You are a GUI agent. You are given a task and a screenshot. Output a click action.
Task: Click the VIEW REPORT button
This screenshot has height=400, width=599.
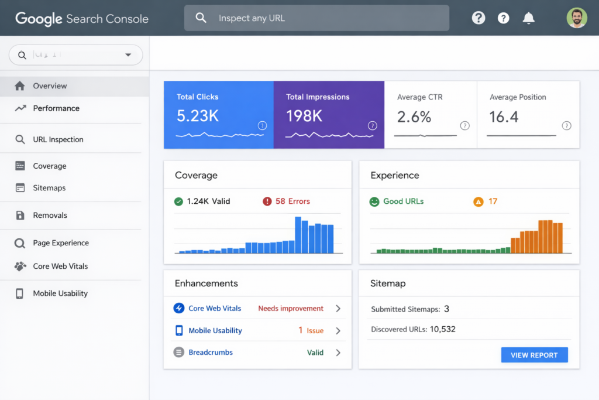click(x=534, y=355)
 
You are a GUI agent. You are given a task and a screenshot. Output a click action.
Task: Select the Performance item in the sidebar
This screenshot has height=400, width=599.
click(x=56, y=108)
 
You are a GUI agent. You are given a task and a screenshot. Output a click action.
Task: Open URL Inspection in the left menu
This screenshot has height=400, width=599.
click(x=58, y=139)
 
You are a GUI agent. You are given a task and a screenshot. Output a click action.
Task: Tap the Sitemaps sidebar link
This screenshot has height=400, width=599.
click(x=49, y=188)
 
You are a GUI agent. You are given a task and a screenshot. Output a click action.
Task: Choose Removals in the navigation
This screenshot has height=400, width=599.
click(x=50, y=216)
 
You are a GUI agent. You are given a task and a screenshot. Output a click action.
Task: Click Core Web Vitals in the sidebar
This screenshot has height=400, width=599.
click(x=60, y=266)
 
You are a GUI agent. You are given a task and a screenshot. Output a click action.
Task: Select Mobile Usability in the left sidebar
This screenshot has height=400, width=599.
click(x=60, y=293)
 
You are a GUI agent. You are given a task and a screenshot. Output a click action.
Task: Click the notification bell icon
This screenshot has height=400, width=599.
click(x=528, y=18)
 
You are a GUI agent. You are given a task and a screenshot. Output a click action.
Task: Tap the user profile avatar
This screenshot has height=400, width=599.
click(x=576, y=18)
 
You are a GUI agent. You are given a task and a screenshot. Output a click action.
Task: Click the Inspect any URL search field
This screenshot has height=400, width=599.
click(x=316, y=18)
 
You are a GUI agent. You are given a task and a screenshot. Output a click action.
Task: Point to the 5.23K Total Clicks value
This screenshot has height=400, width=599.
click(x=198, y=117)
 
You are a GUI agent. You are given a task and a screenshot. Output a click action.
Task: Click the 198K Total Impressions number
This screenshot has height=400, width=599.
click(x=304, y=117)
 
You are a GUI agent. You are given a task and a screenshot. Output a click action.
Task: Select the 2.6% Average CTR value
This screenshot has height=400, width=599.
click(x=414, y=117)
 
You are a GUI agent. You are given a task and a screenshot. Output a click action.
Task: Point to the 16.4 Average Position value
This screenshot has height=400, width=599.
click(x=504, y=117)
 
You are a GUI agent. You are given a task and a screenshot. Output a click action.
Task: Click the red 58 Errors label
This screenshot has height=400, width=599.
click(x=292, y=201)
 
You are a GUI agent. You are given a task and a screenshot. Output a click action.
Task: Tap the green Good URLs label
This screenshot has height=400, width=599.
click(x=403, y=201)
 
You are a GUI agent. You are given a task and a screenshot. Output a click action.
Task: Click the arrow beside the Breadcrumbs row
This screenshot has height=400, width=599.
click(x=338, y=353)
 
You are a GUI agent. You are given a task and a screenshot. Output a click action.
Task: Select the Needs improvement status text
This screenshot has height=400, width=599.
click(x=291, y=308)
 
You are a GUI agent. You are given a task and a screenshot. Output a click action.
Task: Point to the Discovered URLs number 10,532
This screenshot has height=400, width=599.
click(x=442, y=329)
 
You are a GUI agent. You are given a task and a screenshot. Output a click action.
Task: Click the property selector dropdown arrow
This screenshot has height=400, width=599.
click(x=128, y=55)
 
